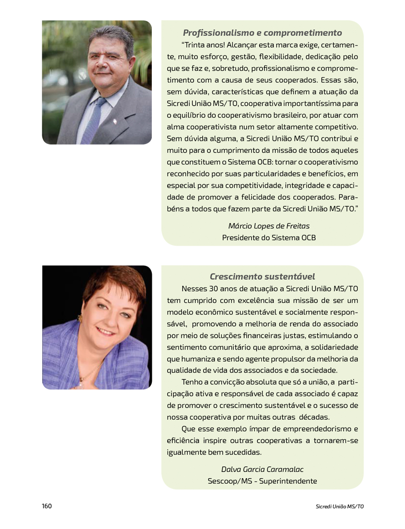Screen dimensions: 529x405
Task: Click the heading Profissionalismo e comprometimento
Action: [262, 33]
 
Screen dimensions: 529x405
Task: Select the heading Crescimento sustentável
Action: [262, 277]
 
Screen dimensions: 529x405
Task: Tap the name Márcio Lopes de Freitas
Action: [268, 226]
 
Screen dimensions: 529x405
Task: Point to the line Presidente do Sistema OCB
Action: [268, 237]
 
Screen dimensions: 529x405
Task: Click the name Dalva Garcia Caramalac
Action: [262, 469]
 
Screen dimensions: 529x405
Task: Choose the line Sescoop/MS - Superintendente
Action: [262, 481]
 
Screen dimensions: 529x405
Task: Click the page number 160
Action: [47, 506]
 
